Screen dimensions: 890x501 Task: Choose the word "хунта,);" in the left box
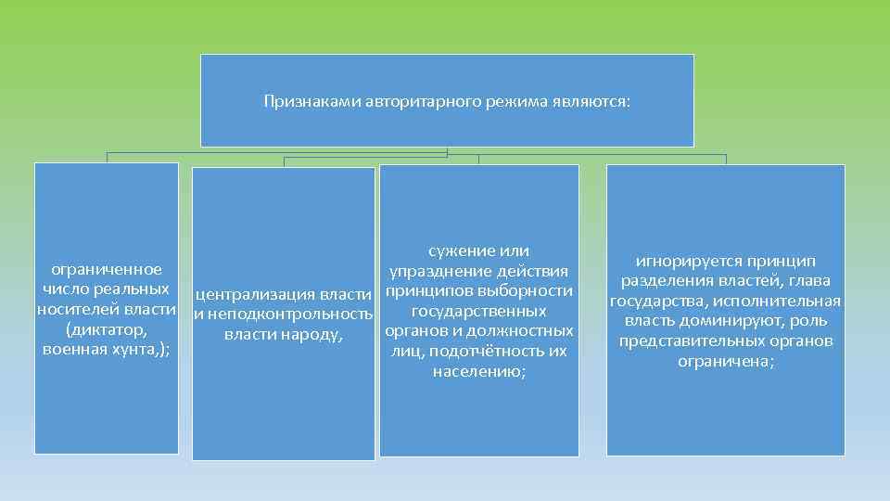pos(141,350)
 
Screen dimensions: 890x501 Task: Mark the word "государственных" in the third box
pos(478,311)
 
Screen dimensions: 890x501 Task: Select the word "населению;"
pos(478,371)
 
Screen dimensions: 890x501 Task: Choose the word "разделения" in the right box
pos(666,281)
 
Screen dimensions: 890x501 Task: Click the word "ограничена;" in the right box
pos(726,361)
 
